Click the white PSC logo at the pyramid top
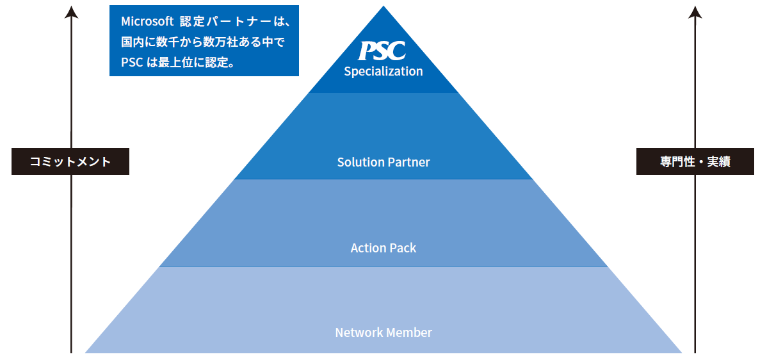[x=382, y=51]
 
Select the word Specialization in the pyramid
[x=383, y=71]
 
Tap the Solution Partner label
[x=383, y=162]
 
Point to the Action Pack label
[x=383, y=248]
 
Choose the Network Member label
[x=383, y=332]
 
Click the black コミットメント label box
[x=70, y=161]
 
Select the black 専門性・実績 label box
[x=695, y=161]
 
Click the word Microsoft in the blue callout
[x=147, y=21]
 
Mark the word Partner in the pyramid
[x=408, y=162]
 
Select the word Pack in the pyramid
[x=403, y=248]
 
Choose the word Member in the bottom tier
[x=410, y=332]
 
